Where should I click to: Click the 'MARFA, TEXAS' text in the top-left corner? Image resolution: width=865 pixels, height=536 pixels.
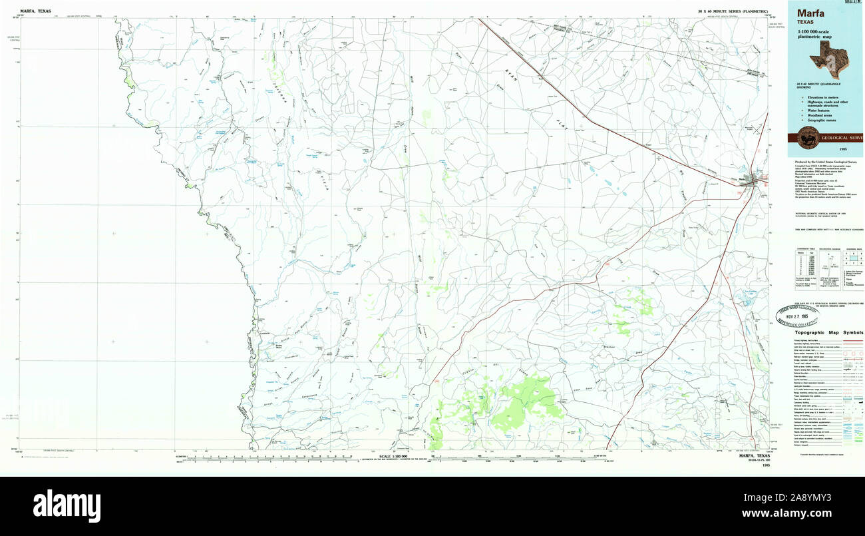[35, 11]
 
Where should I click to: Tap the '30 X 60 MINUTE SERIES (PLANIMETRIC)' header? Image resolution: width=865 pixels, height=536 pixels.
[733, 12]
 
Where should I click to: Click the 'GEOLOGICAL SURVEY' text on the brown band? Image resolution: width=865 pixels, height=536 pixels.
[842, 138]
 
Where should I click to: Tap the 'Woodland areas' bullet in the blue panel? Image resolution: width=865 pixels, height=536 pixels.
[821, 115]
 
